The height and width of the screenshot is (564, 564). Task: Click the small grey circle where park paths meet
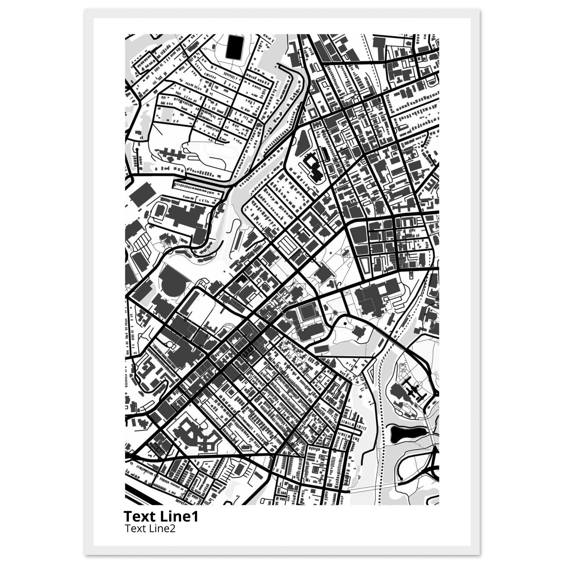(x=335, y=313)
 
